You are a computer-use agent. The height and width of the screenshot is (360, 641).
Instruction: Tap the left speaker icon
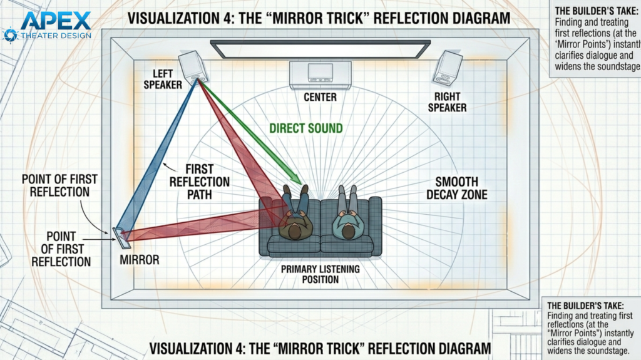pyautogui.click(x=193, y=66)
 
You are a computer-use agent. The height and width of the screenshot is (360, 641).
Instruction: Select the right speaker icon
pyautogui.click(x=448, y=68)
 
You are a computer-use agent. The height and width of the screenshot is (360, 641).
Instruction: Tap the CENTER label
pyautogui.click(x=320, y=97)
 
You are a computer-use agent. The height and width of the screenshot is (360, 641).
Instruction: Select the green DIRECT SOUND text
pyautogui.click(x=306, y=128)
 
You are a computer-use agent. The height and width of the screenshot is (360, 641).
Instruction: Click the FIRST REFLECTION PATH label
pyautogui.click(x=199, y=182)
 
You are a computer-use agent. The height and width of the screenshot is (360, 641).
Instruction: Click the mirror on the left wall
pyautogui.click(x=119, y=237)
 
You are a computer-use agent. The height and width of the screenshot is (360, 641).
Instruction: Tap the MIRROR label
pyautogui.click(x=139, y=259)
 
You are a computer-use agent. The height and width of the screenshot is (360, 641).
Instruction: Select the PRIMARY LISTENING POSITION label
pyautogui.click(x=320, y=274)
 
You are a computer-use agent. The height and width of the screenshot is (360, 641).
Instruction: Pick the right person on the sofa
pyautogui.click(x=346, y=216)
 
